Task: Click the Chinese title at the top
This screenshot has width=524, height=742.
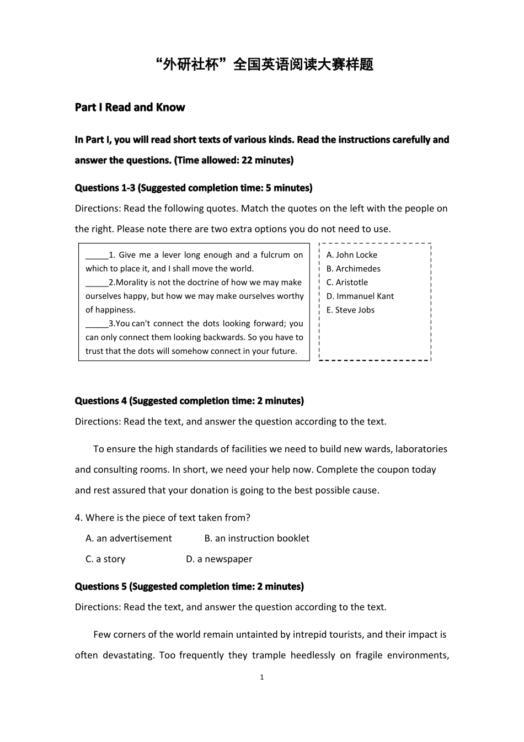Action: (265, 65)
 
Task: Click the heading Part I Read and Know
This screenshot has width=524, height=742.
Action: (130, 107)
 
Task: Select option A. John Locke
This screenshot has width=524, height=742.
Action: (352, 255)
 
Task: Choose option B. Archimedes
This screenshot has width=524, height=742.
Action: (353, 269)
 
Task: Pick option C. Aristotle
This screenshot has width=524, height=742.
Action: (347, 283)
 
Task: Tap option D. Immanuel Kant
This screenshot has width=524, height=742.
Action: (360, 296)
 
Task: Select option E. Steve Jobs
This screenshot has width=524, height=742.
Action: (350, 310)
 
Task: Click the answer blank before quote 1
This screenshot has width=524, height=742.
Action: (97, 256)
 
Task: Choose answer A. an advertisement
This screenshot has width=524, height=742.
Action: (129, 538)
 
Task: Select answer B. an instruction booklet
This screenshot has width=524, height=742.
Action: (256, 538)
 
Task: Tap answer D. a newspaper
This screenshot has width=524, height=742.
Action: (219, 559)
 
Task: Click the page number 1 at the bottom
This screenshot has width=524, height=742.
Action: (262, 677)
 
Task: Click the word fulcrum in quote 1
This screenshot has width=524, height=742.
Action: (275, 255)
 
